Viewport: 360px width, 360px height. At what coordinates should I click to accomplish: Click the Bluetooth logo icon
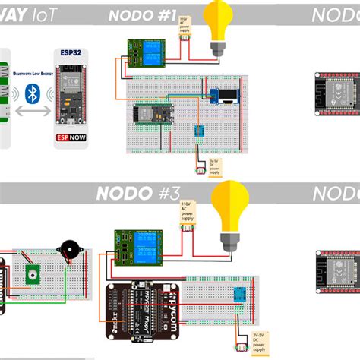[x=32, y=93]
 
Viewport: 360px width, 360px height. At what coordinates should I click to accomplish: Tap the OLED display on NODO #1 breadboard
[x=226, y=97]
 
